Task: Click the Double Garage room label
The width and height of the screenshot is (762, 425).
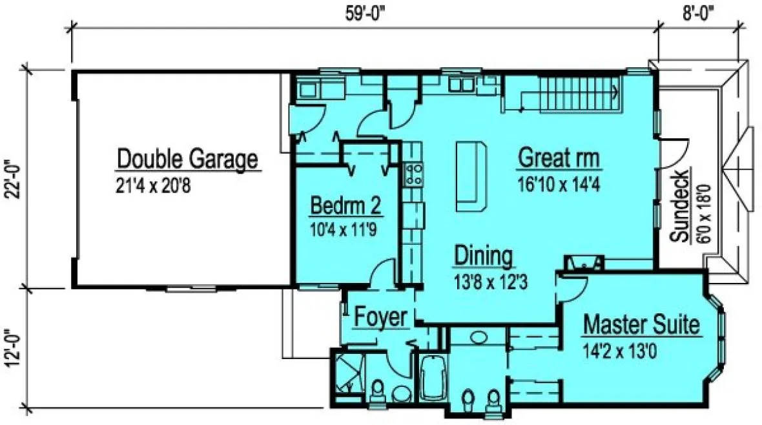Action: pos(187,158)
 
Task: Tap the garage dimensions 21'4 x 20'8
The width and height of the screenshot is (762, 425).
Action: pos(153,186)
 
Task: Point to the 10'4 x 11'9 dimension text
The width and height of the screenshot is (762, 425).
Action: pos(343,229)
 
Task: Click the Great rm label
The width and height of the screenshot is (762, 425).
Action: pos(559,158)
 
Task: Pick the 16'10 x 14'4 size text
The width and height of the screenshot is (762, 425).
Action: pos(559,185)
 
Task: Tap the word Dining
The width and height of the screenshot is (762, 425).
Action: pos(484,256)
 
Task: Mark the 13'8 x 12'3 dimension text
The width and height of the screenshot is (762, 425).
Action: pos(484,282)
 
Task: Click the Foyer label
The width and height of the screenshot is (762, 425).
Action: pos(380,317)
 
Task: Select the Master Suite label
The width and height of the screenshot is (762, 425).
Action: pos(641,325)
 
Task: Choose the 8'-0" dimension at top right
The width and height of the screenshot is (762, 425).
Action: pos(697,12)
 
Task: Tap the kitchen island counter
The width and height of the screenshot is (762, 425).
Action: pos(470,176)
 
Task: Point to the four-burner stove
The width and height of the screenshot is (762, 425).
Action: pos(413,174)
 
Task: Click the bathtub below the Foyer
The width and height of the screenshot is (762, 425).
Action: pos(432,382)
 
